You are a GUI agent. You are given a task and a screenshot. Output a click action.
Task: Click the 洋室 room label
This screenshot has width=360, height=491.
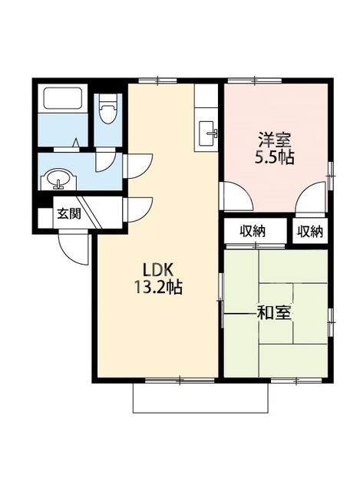pos(275,140)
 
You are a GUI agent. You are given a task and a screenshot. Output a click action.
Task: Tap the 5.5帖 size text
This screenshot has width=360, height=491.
pos(275,158)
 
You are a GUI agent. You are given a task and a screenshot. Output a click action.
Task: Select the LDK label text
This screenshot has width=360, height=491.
pos(158,269)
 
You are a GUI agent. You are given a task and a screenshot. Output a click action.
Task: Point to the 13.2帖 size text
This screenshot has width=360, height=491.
pos(158,287)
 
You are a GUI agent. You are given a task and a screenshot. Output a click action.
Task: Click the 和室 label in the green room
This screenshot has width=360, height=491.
pos(274,313)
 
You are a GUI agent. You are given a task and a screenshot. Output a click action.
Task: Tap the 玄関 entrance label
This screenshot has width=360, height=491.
pos(68,213)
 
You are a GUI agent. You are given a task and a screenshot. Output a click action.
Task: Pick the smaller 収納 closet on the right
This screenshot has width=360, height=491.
pos(310,232)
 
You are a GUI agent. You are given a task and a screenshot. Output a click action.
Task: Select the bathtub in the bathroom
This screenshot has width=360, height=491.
pos(63,98)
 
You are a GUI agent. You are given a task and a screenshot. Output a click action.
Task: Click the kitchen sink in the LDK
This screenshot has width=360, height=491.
pos(208,133)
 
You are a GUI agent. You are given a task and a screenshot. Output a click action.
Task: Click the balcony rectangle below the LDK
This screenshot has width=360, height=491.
pos(200,397)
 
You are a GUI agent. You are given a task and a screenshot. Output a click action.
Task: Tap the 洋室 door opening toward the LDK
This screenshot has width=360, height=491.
pos(236,196)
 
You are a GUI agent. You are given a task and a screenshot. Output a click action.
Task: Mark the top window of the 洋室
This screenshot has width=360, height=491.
pos(254,81)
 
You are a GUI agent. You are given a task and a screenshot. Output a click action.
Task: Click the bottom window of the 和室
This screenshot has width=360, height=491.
pos(296,381)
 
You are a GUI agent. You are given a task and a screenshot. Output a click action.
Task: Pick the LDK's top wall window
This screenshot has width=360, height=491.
pos(157,81)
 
